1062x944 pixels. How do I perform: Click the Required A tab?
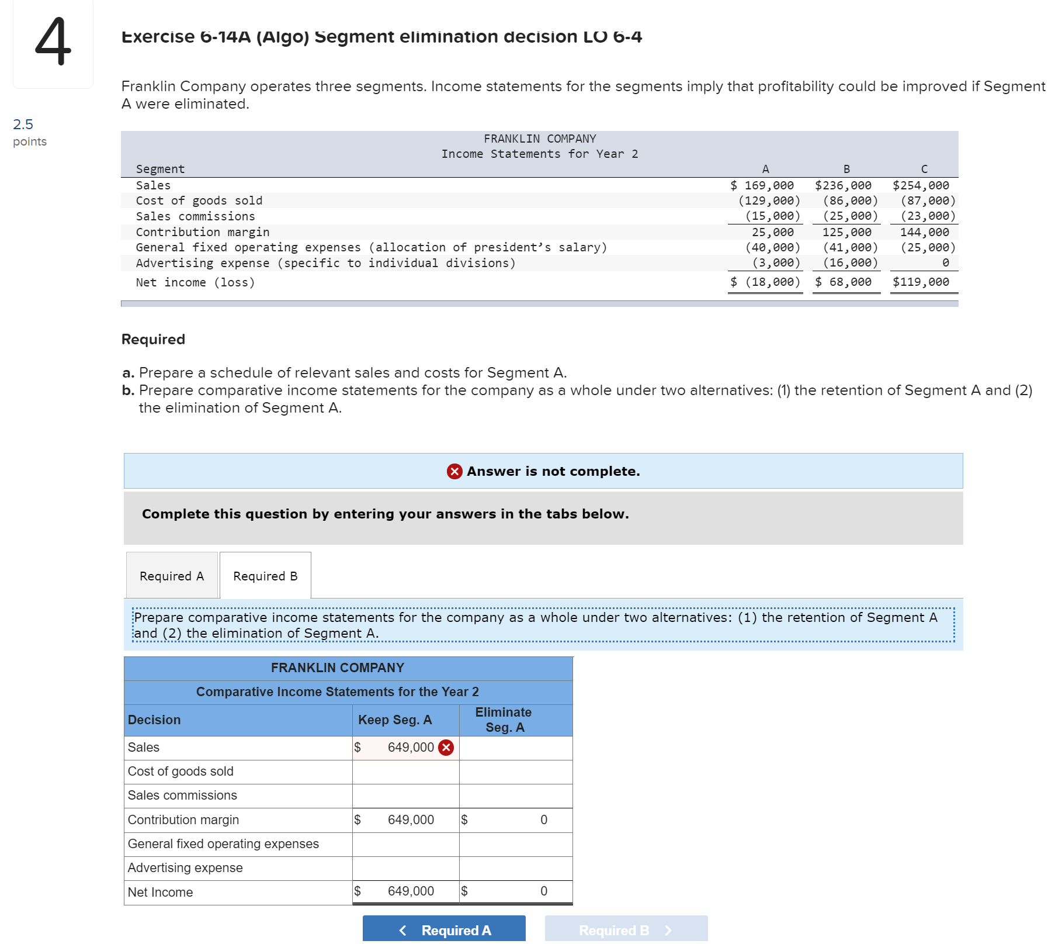pos(172,576)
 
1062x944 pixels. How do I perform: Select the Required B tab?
pos(265,576)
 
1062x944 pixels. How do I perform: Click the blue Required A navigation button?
pos(444,929)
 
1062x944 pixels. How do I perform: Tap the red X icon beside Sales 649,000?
pos(446,748)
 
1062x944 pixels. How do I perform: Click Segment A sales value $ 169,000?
pos(762,185)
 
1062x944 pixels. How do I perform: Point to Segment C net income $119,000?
pos(921,282)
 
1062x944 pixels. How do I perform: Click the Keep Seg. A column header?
pos(395,720)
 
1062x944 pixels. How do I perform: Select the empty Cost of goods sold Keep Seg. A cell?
pos(405,772)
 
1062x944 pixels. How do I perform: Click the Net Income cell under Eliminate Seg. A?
pos(515,891)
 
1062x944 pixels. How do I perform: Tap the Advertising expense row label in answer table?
pos(185,867)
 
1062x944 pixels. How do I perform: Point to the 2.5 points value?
pos(23,124)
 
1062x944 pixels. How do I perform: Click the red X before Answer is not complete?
pos(454,471)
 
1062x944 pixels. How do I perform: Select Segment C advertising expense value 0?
pos(945,263)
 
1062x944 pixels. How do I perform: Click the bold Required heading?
pos(153,339)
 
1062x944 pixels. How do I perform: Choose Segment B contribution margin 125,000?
pos(846,232)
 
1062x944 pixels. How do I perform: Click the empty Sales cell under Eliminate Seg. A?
pos(515,748)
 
